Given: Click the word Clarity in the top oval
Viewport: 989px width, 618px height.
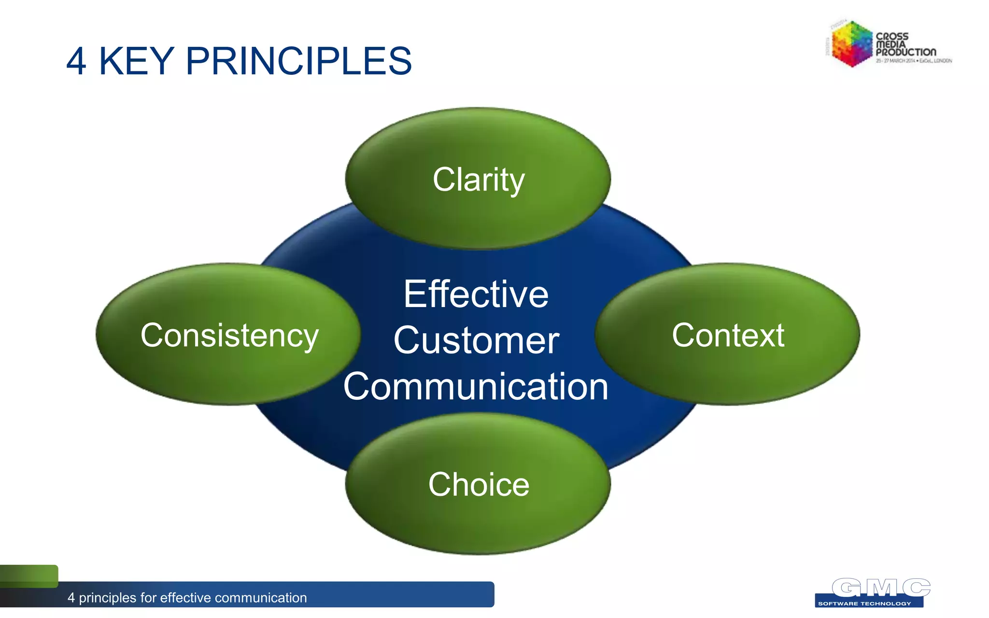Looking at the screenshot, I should pos(478,180).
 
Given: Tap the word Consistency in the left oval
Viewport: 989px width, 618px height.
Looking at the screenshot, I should pos(229,335).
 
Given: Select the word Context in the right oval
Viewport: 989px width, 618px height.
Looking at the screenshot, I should pos(728,335).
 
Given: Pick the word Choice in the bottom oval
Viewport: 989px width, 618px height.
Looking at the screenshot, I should pos(479,484).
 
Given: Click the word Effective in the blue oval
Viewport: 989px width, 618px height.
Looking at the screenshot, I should pos(476,294).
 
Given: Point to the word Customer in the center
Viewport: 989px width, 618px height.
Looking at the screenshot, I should pos(476,340).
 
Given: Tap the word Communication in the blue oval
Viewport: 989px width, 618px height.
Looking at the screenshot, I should pos(476,387).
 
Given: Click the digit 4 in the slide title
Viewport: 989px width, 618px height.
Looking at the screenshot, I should pos(76,61).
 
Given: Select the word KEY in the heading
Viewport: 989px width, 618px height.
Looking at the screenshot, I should pos(136,61).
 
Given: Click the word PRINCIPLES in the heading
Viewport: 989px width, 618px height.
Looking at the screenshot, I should pos(298,61).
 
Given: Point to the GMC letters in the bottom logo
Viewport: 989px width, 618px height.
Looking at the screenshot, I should pos(881,588).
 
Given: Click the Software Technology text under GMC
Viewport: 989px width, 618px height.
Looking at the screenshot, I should pos(864,604).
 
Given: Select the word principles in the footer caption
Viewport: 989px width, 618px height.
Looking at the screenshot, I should pos(108,598).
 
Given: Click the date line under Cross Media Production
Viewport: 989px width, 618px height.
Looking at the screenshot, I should pos(914,61).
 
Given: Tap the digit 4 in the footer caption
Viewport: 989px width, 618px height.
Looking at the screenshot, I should pos(71,598).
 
